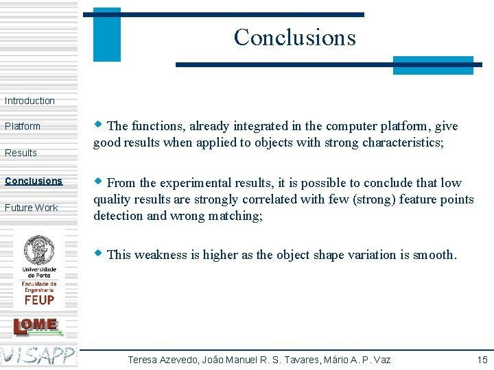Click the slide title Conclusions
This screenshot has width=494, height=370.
(x=294, y=37)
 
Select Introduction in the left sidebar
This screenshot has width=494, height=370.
(x=30, y=101)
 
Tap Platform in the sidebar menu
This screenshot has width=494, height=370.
(x=23, y=126)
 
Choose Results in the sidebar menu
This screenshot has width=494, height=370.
(x=21, y=153)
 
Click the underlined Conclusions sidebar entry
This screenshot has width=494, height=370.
(x=34, y=181)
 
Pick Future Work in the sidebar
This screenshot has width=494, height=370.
(x=32, y=208)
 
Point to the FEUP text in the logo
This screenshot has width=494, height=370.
(x=39, y=299)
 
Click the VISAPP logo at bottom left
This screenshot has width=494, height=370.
(x=38, y=355)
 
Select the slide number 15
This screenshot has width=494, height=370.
(x=482, y=360)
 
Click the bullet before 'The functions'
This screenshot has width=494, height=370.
(x=99, y=125)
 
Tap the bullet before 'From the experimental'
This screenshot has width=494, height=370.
(x=99, y=182)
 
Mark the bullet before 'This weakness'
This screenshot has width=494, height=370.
(x=99, y=254)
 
